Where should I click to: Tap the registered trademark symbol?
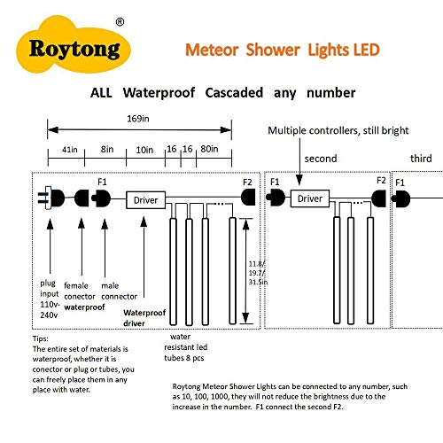(x=120, y=20)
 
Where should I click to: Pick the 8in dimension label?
(x=106, y=152)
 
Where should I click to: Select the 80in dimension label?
(x=211, y=152)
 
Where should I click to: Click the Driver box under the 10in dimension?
(x=146, y=199)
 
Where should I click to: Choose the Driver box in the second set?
(x=310, y=199)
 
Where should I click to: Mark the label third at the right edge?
(x=421, y=159)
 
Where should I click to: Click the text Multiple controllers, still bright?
(x=338, y=130)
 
